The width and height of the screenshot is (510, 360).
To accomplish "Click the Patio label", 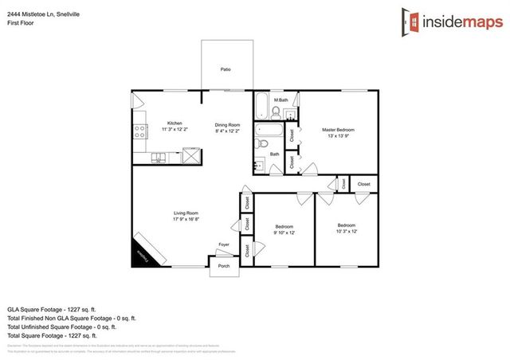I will click(226, 70).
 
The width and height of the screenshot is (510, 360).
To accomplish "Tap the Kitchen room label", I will click(152, 123).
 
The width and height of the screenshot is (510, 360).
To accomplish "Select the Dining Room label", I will click(227, 124).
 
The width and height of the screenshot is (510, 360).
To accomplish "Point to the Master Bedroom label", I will click(338, 130).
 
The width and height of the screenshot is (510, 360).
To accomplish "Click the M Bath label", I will click(280, 100).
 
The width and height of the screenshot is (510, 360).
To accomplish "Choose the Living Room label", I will click(186, 213).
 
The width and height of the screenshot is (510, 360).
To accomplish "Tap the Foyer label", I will click(224, 245).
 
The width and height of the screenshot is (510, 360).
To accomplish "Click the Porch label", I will click(224, 266).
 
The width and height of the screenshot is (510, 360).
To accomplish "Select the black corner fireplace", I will click(143, 252).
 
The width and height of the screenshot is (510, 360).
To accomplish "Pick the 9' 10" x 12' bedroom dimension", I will click(284, 233).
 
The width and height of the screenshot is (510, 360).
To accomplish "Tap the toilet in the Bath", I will click(264, 144).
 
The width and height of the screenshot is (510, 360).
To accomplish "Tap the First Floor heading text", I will click(21, 14).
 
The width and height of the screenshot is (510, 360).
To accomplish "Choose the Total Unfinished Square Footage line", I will click(62, 327).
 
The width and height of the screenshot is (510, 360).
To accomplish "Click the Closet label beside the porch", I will click(248, 251).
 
